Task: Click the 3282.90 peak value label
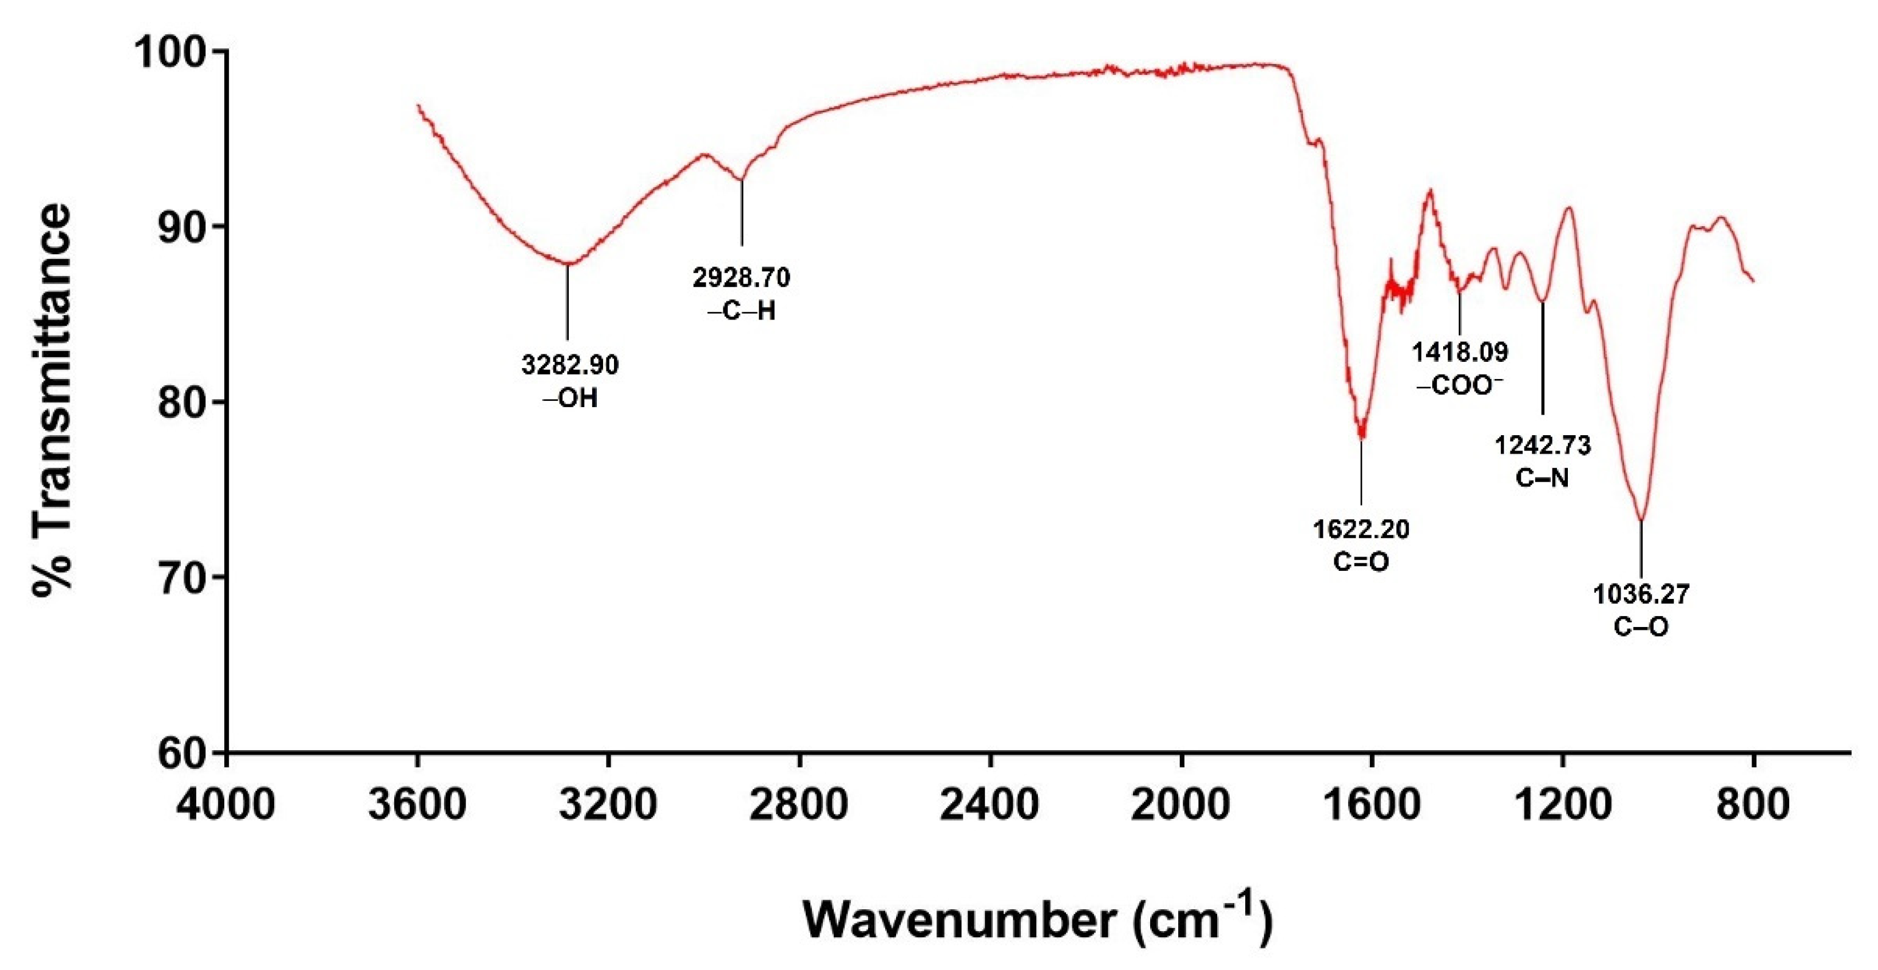point(569,365)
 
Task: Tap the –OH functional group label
point(569,398)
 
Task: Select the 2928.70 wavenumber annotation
point(740,277)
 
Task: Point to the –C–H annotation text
point(740,311)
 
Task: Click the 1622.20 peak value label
point(1361,529)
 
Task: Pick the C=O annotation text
point(1361,562)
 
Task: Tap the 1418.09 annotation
point(1460,352)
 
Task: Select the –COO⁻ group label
point(1460,386)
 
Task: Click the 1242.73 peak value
point(1543,445)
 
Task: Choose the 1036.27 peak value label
point(1641,594)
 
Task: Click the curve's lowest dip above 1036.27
point(1641,519)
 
